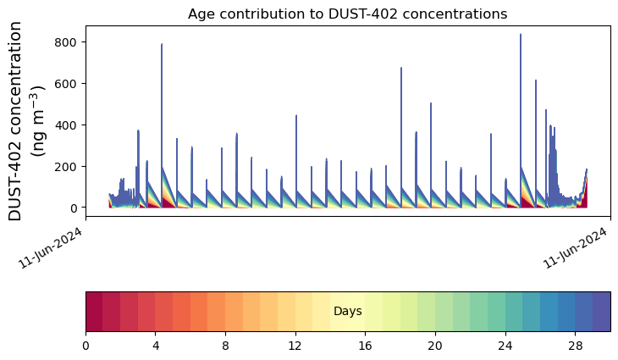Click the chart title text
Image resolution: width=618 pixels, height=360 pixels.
click(347, 14)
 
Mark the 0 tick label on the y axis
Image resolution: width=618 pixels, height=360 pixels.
click(73, 208)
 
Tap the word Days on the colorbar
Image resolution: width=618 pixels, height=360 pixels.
click(347, 311)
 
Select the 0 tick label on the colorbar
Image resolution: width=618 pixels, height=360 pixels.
click(86, 346)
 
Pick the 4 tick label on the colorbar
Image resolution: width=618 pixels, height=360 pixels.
click(156, 346)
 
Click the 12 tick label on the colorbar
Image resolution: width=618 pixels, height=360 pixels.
click(295, 346)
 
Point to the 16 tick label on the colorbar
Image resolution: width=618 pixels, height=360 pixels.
click(366, 346)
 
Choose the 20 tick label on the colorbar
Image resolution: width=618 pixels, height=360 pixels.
click(435, 346)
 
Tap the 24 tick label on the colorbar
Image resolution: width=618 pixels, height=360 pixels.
click(505, 346)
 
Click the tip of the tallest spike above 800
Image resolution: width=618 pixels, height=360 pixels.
click(521, 35)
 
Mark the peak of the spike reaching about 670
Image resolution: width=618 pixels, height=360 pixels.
click(401, 68)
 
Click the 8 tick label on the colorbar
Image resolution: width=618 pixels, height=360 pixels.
click(225, 346)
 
